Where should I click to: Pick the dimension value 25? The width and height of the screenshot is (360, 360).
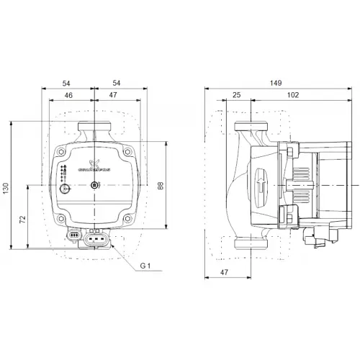[x=237, y=94]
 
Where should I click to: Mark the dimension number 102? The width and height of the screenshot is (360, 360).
[x=292, y=94]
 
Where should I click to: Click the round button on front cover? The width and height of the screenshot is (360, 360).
[x=66, y=190]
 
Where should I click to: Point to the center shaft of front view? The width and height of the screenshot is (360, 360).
[x=95, y=188]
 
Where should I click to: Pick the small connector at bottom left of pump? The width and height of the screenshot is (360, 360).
[x=73, y=234]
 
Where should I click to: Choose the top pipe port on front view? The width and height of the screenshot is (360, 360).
[x=95, y=132]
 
